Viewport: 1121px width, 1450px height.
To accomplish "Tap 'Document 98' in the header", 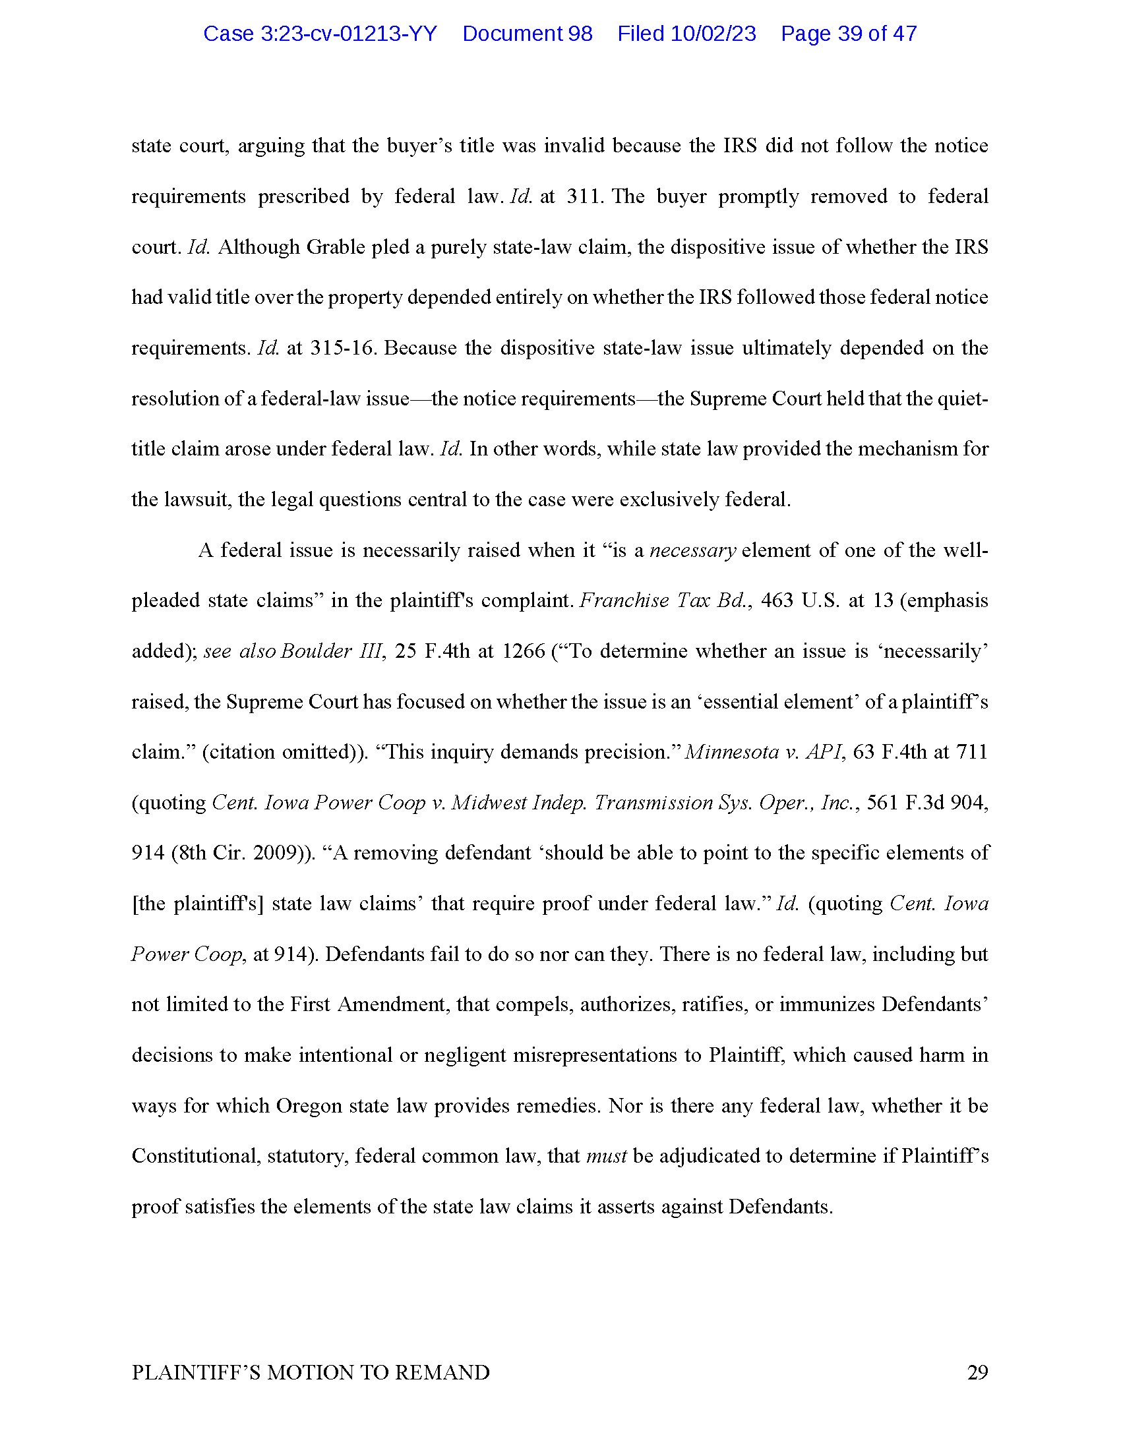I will click(x=528, y=34).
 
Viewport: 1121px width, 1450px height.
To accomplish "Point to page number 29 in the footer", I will click(x=977, y=1372).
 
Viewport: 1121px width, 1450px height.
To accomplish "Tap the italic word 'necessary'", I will click(x=692, y=550).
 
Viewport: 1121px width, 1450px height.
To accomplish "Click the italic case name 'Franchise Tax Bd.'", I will click(x=665, y=601).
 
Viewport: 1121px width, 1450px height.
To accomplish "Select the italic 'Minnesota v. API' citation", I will click(x=764, y=752).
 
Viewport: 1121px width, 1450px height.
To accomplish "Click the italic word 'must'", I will click(x=606, y=1156).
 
